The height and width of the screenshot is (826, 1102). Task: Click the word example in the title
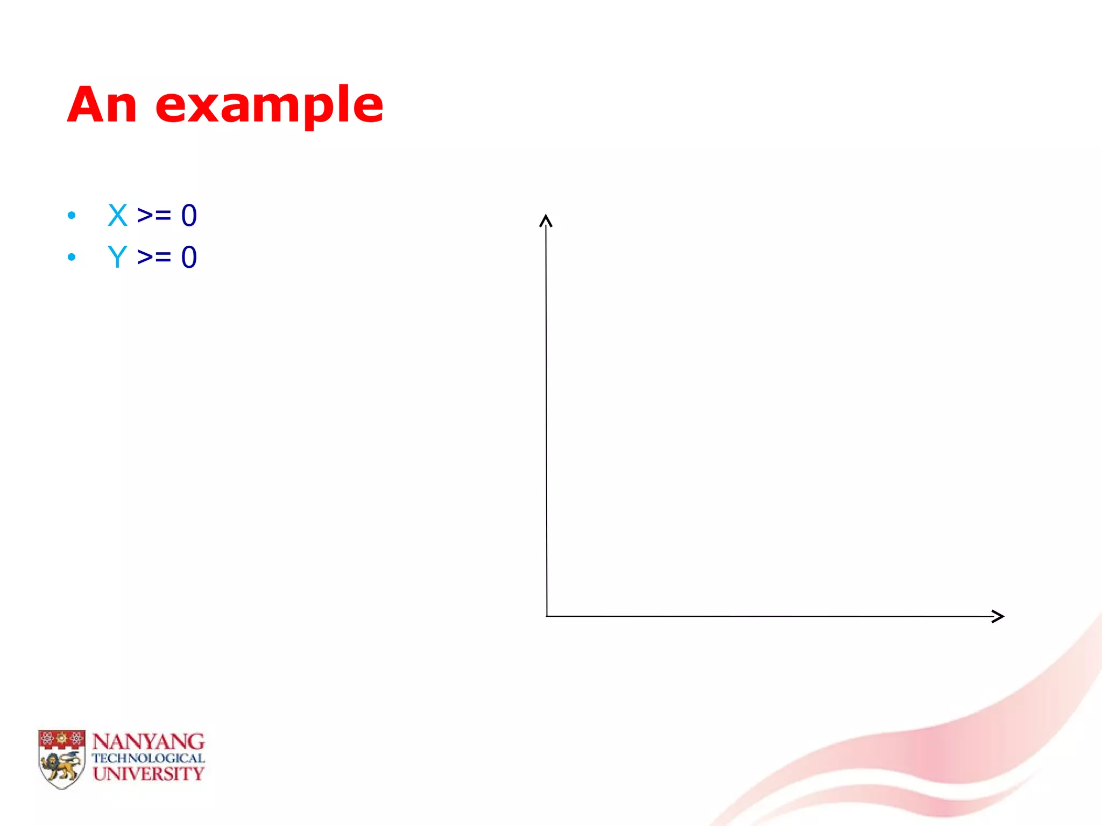tap(269, 106)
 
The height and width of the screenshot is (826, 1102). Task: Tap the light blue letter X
tap(117, 215)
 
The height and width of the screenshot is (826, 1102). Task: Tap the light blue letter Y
tap(117, 257)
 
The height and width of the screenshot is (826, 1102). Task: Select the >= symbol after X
tap(154, 215)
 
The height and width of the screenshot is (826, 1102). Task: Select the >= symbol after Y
tap(154, 257)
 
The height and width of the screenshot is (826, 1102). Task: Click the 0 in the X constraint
tap(189, 215)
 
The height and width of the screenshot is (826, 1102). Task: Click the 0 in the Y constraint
tap(189, 257)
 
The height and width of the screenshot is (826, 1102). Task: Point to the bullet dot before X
tap(72, 216)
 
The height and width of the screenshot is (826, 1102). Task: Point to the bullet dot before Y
tap(72, 258)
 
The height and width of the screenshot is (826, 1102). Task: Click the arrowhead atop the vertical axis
tap(546, 220)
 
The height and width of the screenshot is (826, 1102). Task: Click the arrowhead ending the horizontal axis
tap(998, 616)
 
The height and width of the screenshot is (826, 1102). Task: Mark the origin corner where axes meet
tap(547, 616)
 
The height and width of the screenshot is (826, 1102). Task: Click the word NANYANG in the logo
tap(148, 742)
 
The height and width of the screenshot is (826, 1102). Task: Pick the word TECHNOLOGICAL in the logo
tap(148, 758)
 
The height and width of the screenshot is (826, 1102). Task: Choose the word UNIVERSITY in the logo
tap(148, 774)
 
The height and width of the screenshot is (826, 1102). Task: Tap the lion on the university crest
tap(61, 766)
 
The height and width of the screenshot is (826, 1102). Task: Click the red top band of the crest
tap(62, 738)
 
